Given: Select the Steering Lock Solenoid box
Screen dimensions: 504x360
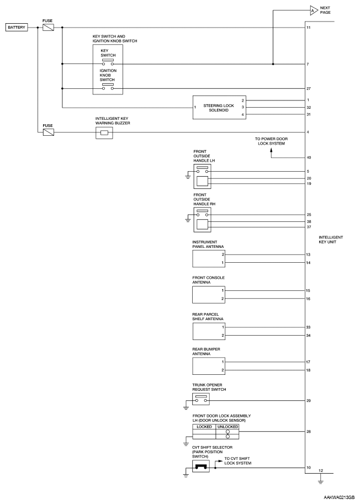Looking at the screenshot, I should pyautogui.click(x=216, y=107).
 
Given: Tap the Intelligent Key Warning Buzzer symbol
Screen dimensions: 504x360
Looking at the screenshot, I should pyautogui.click(x=104, y=132).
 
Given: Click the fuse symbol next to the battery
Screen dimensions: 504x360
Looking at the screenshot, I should pyautogui.click(x=48, y=27).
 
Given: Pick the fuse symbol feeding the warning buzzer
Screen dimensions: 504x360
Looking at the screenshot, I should pyautogui.click(x=48, y=132).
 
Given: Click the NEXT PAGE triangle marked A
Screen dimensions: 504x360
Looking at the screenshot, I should pyautogui.click(x=313, y=9).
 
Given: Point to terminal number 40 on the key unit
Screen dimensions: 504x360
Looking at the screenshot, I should pyautogui.click(x=309, y=158).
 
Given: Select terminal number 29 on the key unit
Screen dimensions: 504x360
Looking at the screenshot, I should pyautogui.click(x=309, y=401).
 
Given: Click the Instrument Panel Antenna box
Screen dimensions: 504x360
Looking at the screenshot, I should pyautogui.click(x=209, y=259).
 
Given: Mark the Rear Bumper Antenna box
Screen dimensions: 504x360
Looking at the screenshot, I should pyautogui.click(x=209, y=365).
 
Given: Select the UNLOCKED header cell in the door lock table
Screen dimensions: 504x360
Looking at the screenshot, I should pyautogui.click(x=227, y=427).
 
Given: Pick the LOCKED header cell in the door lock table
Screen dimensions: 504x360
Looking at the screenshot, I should pyautogui.click(x=202, y=427).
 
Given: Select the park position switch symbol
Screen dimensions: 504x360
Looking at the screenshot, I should pyautogui.click(x=201, y=467).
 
